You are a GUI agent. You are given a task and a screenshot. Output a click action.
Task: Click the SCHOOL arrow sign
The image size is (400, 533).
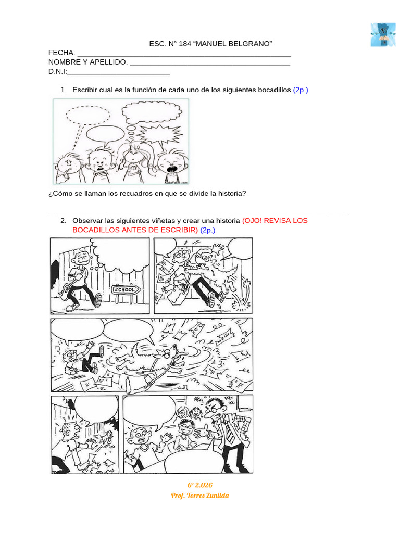pyautogui.click(x=126, y=290)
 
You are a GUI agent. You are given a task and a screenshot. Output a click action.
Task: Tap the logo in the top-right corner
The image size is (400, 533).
pyautogui.click(x=383, y=35)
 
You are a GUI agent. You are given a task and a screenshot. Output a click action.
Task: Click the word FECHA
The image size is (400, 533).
pyautogui.click(x=61, y=53)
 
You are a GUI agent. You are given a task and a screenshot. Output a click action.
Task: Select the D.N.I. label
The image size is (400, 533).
pyautogui.click(x=57, y=72)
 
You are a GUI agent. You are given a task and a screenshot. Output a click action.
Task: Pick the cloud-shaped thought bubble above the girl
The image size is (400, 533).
pyautogui.click(x=152, y=112)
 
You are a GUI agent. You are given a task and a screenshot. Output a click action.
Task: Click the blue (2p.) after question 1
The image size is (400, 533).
pyautogui.click(x=301, y=90)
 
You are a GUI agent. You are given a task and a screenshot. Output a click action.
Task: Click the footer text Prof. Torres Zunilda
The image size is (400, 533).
pyautogui.click(x=199, y=496)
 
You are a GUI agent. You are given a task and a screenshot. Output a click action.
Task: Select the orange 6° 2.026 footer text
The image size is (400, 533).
pyautogui.click(x=199, y=485)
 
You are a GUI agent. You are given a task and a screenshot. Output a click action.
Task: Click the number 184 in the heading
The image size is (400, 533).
pyautogui.click(x=185, y=44)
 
